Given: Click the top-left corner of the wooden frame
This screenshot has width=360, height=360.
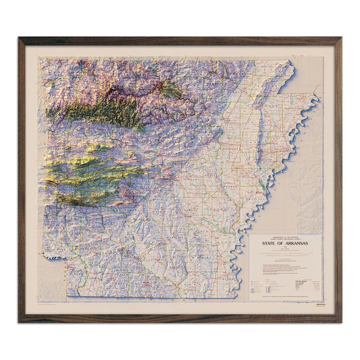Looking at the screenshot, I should coord(20,38).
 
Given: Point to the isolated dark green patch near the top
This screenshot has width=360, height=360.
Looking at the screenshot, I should coord(169,89).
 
